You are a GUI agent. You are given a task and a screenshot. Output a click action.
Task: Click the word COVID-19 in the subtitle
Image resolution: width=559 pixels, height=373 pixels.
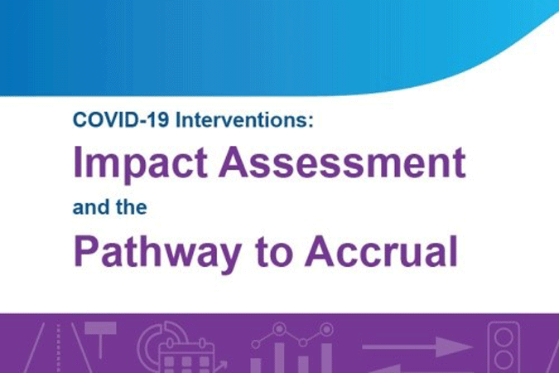pyautogui.click(x=121, y=119)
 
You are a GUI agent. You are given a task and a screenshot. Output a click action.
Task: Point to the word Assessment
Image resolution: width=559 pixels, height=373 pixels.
pyautogui.click(x=342, y=162)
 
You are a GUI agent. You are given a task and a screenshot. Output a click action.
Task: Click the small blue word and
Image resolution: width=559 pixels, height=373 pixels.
pyautogui.click(x=90, y=207)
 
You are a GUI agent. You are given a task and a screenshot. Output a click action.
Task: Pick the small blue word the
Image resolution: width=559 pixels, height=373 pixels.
pyautogui.click(x=132, y=207)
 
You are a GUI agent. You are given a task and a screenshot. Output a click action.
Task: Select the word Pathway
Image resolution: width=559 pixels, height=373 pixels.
pyautogui.click(x=157, y=253)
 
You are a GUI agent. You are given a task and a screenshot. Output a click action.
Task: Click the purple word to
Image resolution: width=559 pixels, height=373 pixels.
pyautogui.click(x=273, y=253)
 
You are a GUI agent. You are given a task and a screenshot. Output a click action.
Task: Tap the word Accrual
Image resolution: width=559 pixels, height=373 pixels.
pyautogui.click(x=381, y=251)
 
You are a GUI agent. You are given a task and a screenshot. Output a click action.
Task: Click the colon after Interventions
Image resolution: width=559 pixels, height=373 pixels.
pyautogui.click(x=311, y=121)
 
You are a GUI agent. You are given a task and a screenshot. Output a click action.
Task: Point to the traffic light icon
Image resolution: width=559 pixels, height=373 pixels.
pyautogui.click(x=504, y=347)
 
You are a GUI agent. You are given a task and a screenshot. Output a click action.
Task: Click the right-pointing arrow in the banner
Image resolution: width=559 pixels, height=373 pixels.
pyautogui.click(x=417, y=346)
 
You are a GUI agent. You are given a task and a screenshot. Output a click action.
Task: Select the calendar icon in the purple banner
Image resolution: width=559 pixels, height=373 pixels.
pyautogui.click(x=187, y=357)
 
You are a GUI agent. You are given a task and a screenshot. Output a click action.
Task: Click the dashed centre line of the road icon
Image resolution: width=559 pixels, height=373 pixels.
pyautogui.click(x=59, y=348)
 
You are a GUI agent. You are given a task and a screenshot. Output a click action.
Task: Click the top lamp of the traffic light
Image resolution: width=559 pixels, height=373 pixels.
pyautogui.click(x=504, y=337)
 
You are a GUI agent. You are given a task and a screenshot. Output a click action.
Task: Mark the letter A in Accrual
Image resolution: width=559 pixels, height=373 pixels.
pyautogui.click(x=320, y=251)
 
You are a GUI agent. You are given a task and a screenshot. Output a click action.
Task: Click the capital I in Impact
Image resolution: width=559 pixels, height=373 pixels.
pyautogui.click(x=77, y=162)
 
